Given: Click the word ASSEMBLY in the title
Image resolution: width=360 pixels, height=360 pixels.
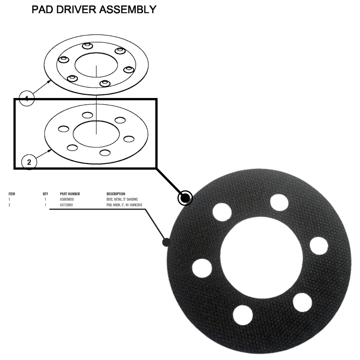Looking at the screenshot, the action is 131,9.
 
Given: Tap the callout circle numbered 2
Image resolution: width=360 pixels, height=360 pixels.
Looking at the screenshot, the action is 29,162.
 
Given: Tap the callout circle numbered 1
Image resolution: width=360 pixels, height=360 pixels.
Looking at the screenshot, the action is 27,98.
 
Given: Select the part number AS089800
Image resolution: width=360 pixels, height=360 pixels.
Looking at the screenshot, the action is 67,199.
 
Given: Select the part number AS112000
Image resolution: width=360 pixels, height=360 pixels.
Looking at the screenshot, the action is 66,205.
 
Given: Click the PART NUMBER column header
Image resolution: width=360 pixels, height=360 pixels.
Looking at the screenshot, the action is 70,194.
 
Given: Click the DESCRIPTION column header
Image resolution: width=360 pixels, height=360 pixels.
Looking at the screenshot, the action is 116,194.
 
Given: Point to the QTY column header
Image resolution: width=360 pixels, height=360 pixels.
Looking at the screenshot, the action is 45,194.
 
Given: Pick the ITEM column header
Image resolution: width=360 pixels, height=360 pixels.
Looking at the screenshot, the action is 12,194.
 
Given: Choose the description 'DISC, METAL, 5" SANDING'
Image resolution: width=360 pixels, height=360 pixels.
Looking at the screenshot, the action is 120,199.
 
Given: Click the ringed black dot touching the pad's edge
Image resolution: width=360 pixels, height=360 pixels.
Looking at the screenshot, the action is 185,198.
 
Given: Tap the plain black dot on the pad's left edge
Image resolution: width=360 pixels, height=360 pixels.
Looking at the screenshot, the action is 167,242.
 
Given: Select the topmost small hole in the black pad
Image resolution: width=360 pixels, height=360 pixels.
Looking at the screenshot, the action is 279,203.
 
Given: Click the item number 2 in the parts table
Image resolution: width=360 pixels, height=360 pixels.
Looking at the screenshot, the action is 9,205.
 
